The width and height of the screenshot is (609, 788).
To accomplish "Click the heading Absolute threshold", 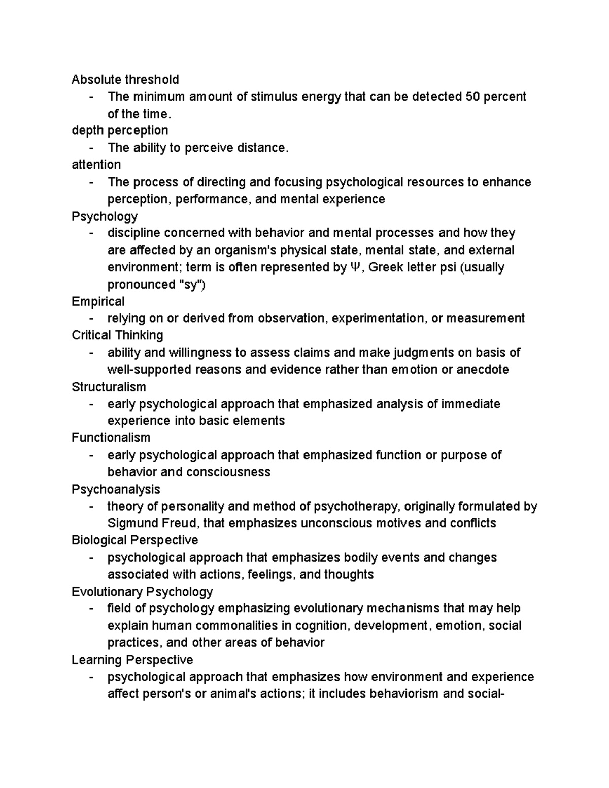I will coord(125,80).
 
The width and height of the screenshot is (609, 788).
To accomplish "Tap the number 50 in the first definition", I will coord(472,97).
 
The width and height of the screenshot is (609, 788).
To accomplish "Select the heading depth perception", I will coord(120,131).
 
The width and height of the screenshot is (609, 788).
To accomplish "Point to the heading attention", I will coord(96,165).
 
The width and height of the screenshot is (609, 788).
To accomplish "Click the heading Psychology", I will coord(105,216).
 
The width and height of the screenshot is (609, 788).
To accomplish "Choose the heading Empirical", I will coord(98,301).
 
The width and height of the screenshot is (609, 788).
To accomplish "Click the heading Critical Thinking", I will coord(117,335).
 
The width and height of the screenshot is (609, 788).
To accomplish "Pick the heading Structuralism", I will coord(109,387).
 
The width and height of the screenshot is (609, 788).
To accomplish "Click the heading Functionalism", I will coord(111,438).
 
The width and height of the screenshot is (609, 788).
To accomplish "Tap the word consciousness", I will coord(228,472).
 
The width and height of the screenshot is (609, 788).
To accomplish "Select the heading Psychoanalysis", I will coord(116,489).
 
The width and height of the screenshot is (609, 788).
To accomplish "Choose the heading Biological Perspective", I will coord(134,540).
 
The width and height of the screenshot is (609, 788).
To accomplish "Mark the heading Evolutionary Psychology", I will coord(142,592).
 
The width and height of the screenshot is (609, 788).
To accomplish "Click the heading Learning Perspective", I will coord(132,660).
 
